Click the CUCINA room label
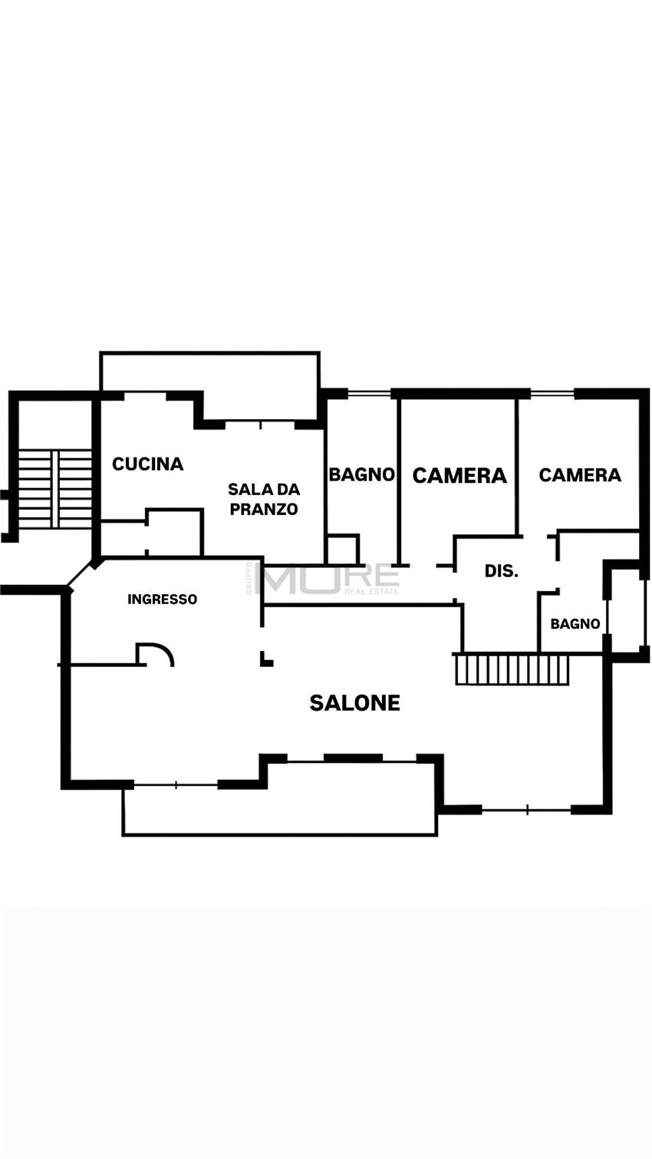click(148, 464)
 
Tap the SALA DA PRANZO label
click(264, 499)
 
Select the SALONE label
click(354, 702)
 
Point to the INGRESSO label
click(162, 599)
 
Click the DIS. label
click(502, 571)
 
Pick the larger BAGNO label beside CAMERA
click(361, 474)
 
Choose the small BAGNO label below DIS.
click(575, 624)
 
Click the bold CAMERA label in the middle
click(459, 475)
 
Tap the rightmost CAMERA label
click(580, 475)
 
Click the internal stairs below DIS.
click(512, 669)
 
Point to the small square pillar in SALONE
click(266, 659)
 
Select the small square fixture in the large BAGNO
click(342, 550)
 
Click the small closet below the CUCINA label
click(174, 531)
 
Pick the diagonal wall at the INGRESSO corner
click(83, 575)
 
